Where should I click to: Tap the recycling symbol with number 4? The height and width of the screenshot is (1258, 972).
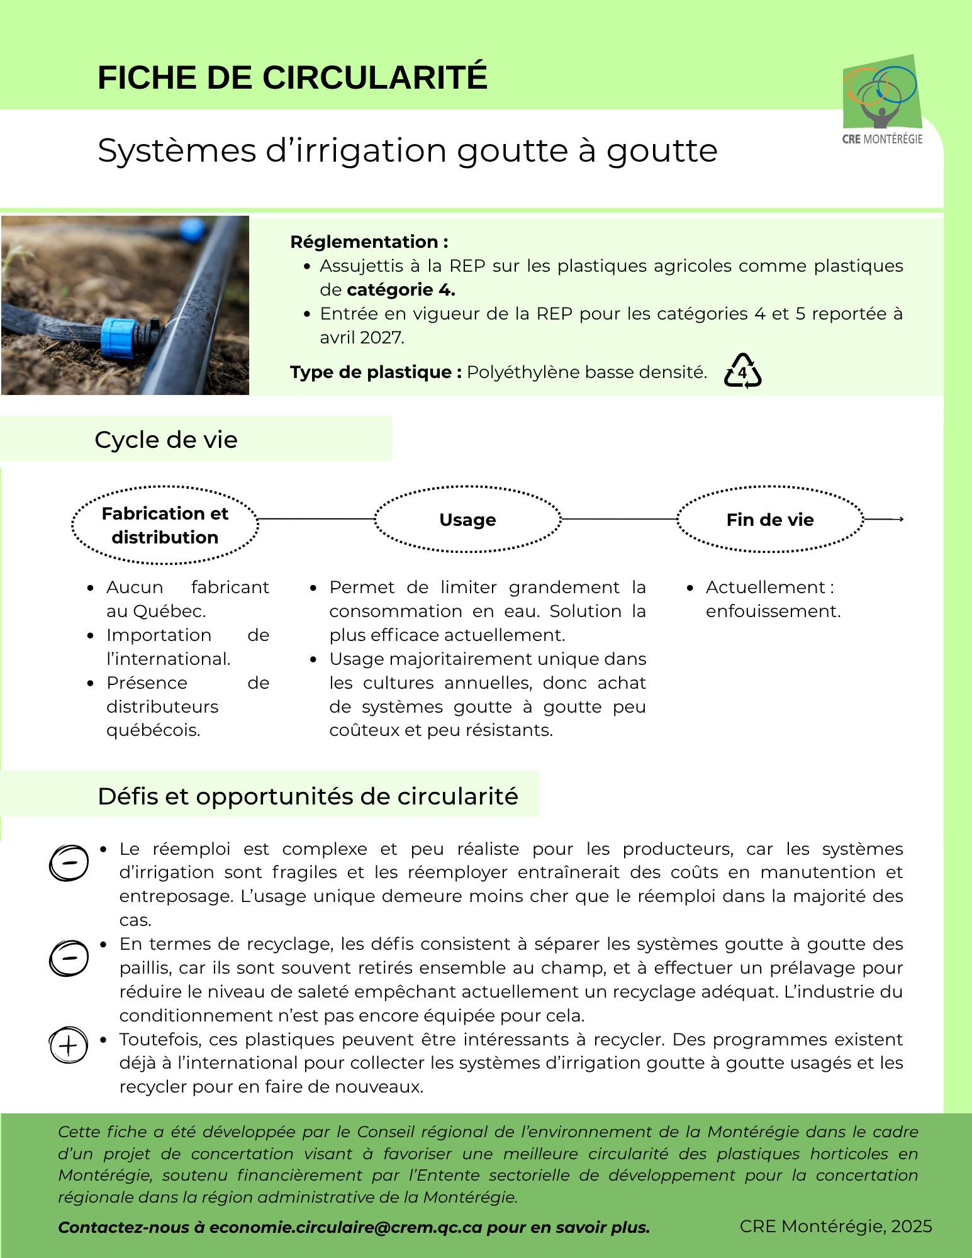click(742, 371)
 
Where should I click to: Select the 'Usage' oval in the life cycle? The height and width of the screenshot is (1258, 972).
click(467, 520)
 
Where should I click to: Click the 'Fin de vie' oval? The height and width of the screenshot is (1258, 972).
click(770, 520)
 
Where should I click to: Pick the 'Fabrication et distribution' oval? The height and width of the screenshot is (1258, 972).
click(165, 525)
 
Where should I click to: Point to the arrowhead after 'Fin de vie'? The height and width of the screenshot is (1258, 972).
click(901, 519)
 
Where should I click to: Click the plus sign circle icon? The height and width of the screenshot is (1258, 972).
click(69, 1045)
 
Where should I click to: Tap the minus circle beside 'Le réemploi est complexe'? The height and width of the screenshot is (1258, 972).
click(69, 862)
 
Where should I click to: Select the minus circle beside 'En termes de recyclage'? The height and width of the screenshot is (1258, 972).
click(69, 958)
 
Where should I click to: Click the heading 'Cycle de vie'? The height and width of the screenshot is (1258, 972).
click(166, 440)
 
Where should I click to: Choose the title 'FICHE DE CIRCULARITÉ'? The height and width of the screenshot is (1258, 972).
click(293, 78)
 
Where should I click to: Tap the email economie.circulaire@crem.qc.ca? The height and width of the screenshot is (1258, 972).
click(345, 1227)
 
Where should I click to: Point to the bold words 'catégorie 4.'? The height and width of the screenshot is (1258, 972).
click(401, 290)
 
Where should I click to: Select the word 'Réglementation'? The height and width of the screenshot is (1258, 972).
click(364, 242)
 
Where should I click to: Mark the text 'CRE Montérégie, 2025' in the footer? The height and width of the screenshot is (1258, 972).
click(835, 1226)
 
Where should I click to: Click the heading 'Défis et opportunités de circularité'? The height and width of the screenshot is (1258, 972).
click(308, 796)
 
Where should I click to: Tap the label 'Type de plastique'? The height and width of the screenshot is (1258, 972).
click(371, 372)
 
